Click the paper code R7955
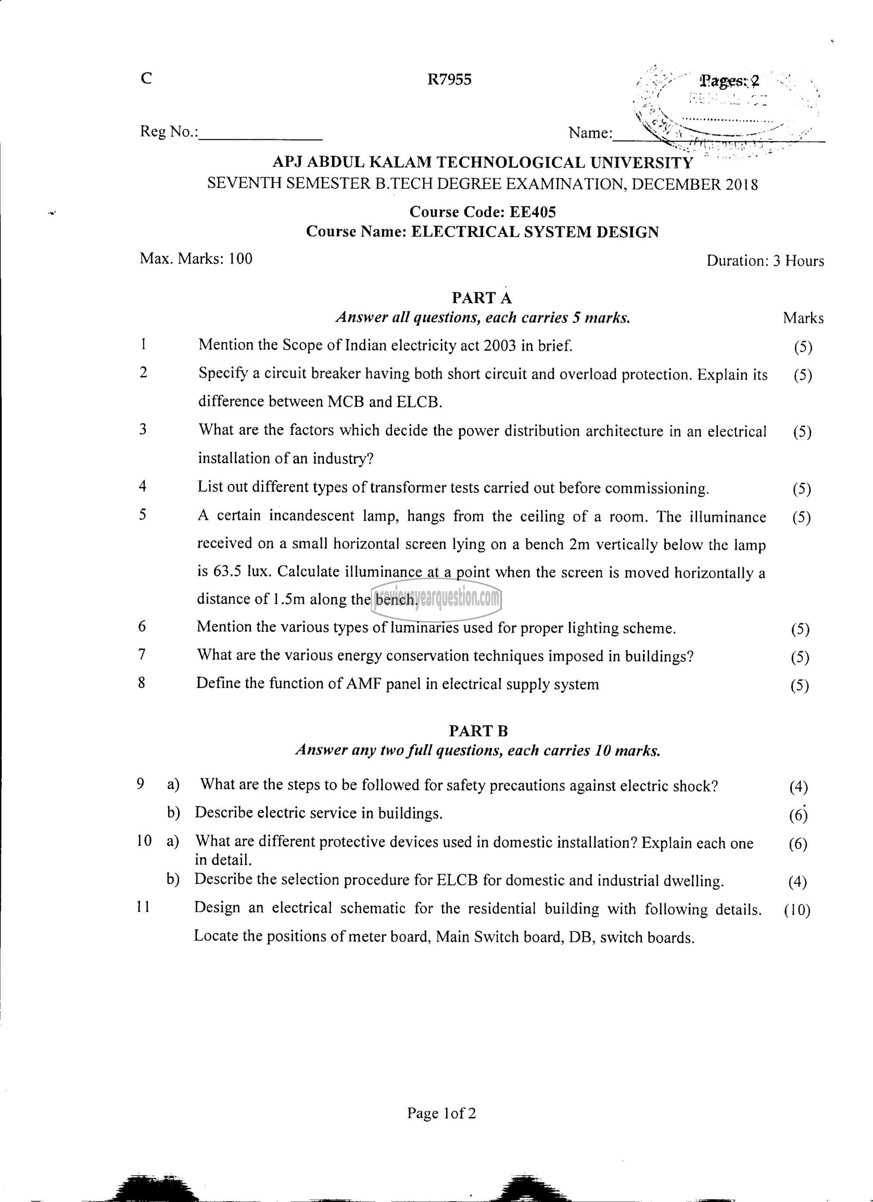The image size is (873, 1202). pyautogui.click(x=449, y=80)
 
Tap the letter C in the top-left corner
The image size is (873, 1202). pyautogui.click(x=147, y=79)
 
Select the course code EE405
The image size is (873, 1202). pyautogui.click(x=533, y=212)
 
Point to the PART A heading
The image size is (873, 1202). pyautogui.click(x=481, y=298)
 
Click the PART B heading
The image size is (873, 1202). pyautogui.click(x=478, y=731)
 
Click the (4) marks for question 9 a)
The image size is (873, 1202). pyautogui.click(x=798, y=787)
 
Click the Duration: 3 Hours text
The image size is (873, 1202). pyautogui.click(x=765, y=261)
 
